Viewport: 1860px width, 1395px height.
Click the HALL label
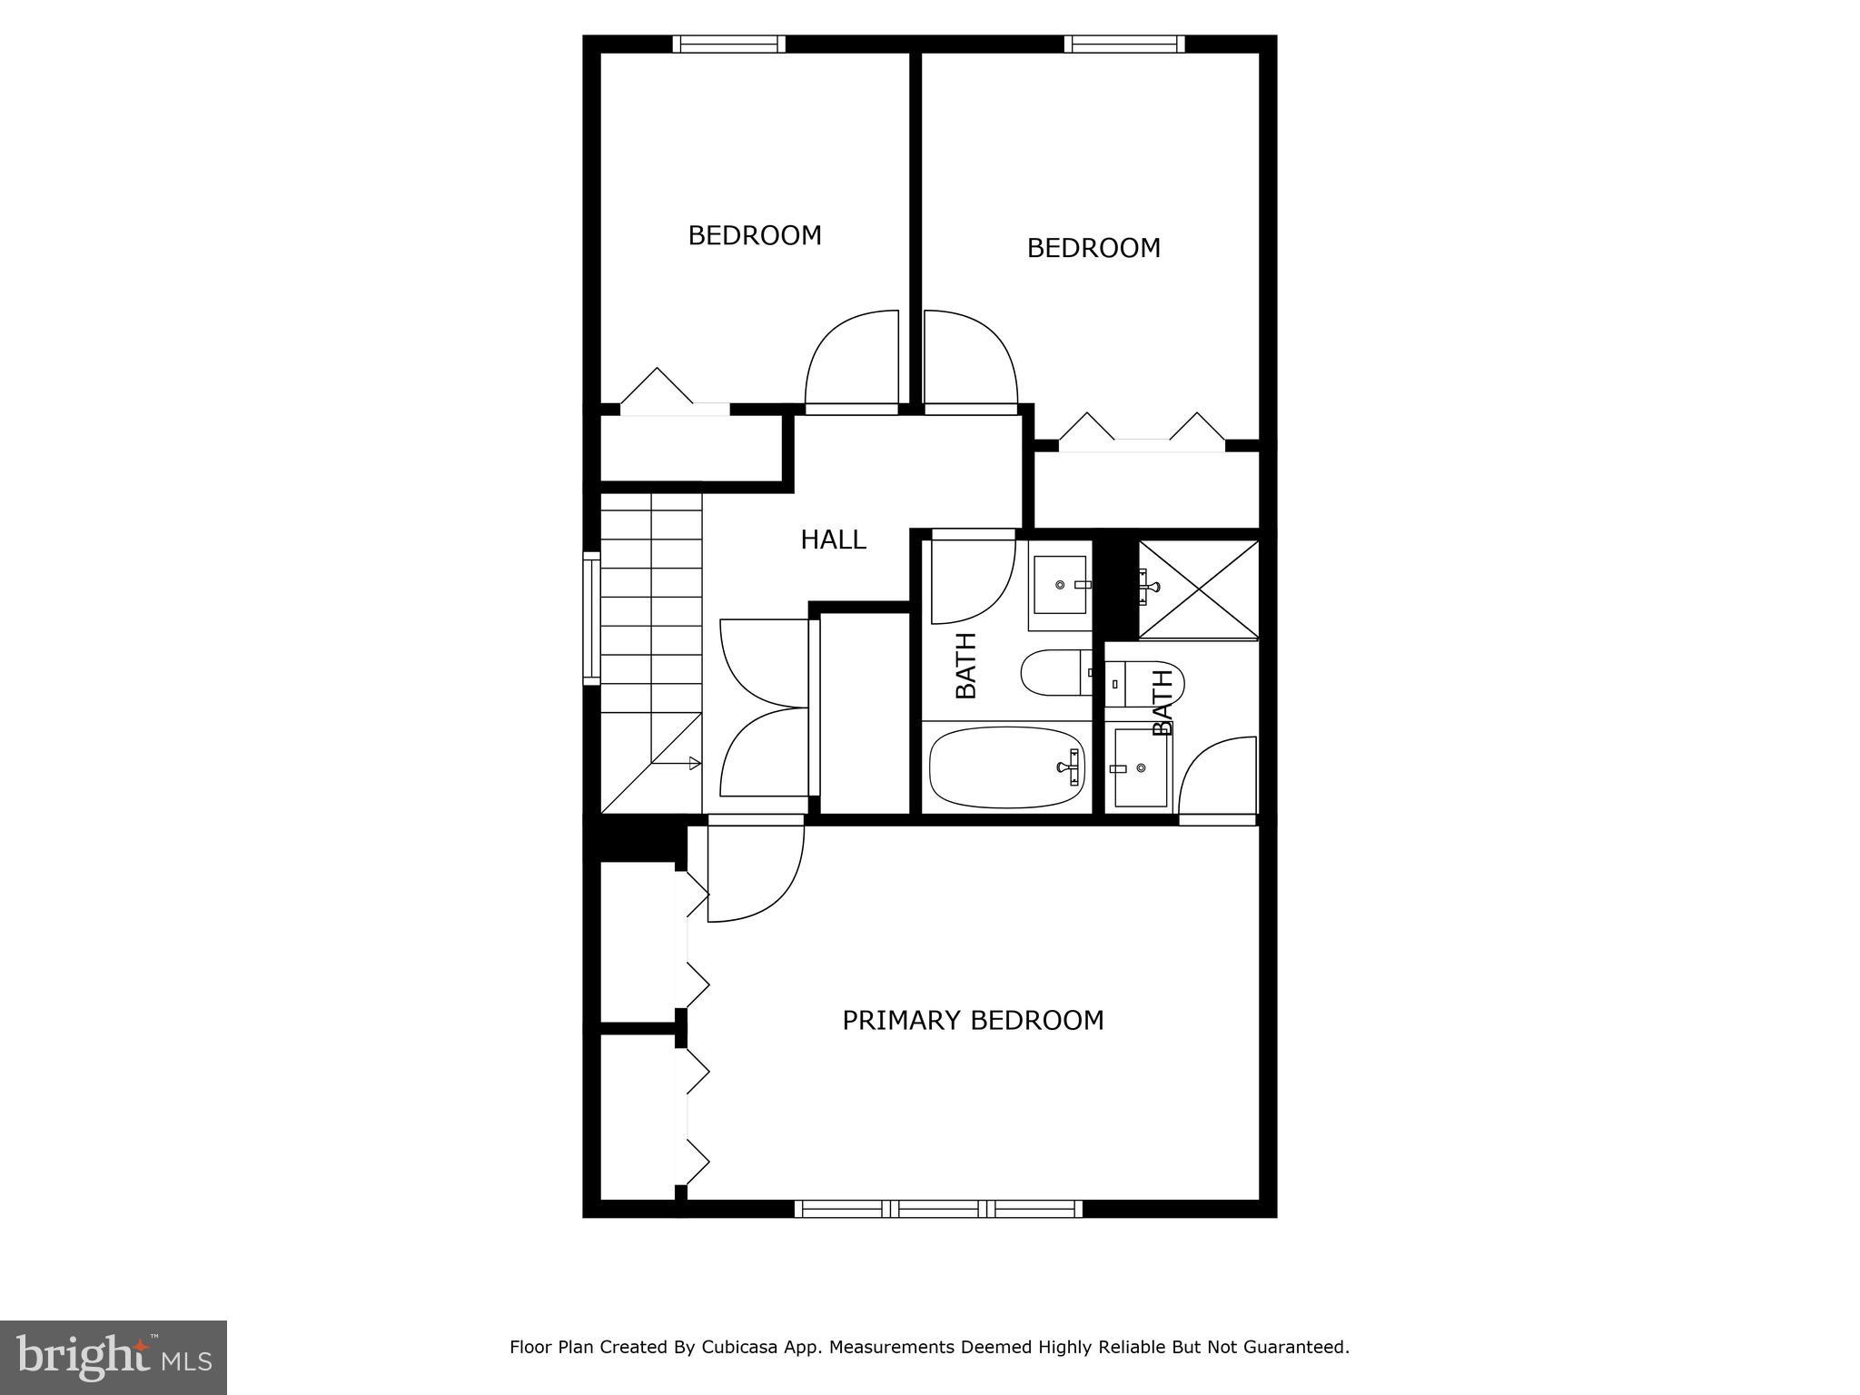pyautogui.click(x=833, y=539)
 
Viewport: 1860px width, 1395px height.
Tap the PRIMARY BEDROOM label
pyautogui.click(x=973, y=1020)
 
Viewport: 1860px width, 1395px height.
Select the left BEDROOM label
pyautogui.click(x=754, y=235)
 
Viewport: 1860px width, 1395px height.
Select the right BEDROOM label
pyautogui.click(x=1093, y=248)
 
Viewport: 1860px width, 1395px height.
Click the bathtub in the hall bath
pyautogui.click(x=1006, y=767)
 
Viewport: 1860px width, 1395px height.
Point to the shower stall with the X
pyautogui.click(x=1199, y=589)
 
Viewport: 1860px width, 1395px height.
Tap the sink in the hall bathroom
pyautogui.click(x=1060, y=585)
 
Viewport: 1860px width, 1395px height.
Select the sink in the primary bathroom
pyautogui.click(x=1140, y=768)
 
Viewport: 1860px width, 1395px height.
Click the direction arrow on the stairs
pyautogui.click(x=677, y=763)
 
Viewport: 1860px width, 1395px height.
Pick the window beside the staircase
pyautogui.click(x=591, y=618)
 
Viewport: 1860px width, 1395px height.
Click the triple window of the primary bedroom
pyautogui.click(x=939, y=1209)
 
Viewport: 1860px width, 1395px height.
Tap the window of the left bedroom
pyautogui.click(x=728, y=44)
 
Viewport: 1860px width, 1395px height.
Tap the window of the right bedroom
pyautogui.click(x=1124, y=44)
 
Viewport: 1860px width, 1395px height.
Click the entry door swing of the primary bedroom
pyautogui.click(x=750, y=872)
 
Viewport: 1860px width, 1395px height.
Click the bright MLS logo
pyautogui.click(x=113, y=1357)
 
